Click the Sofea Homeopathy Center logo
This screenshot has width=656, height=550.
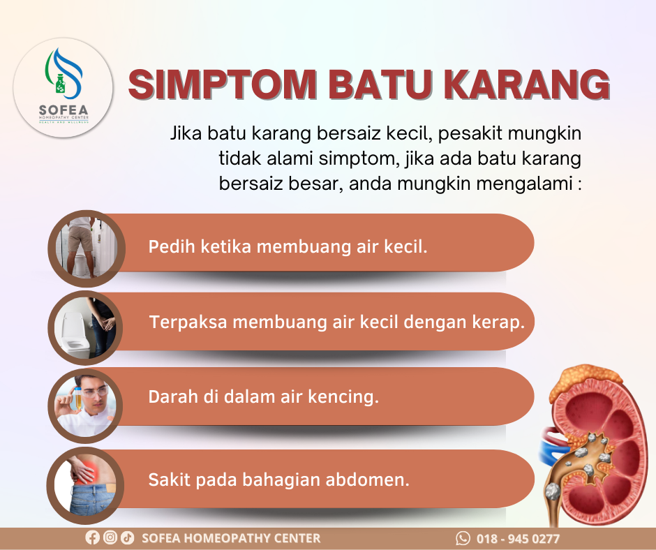[63, 87]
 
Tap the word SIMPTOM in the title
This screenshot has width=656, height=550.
[223, 84]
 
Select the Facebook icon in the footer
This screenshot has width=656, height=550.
[92, 537]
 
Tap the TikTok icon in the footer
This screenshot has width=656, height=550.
[128, 537]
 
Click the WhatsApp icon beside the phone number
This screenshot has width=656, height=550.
[463, 538]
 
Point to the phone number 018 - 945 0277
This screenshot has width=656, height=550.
[518, 538]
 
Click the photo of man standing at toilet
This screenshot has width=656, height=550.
[87, 248]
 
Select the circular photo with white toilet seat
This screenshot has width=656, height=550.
[85, 328]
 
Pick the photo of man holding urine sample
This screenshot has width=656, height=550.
[85, 406]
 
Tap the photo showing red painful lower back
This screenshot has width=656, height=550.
[85, 486]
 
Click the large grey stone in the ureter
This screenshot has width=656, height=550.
[553, 492]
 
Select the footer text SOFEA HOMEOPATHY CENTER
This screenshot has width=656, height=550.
[231, 538]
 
